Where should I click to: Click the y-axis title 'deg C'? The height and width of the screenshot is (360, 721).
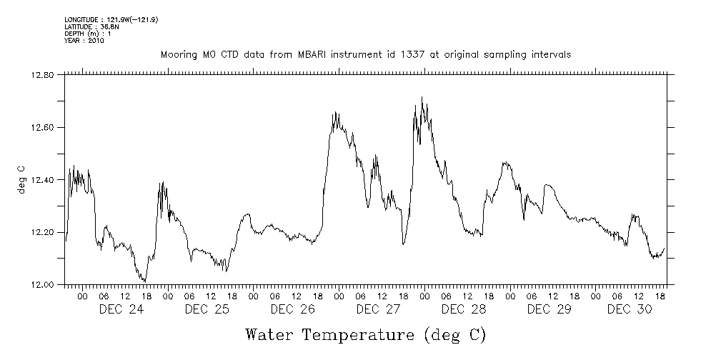point(21,179)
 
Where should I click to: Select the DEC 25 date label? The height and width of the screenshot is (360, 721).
point(207,309)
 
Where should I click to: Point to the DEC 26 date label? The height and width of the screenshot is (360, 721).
point(292,309)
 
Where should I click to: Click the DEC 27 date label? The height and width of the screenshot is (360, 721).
point(378,309)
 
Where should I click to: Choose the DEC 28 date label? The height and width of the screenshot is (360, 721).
point(464,309)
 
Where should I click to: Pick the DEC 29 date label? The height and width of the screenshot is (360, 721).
point(549,309)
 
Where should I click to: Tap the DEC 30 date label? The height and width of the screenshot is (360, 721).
point(629,309)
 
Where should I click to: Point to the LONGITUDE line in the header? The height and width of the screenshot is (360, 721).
point(111,19)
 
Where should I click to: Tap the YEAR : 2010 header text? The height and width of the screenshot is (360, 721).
point(84,41)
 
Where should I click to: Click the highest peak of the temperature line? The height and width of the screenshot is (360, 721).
point(422,97)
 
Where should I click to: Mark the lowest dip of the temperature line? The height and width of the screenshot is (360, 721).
point(145,282)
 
